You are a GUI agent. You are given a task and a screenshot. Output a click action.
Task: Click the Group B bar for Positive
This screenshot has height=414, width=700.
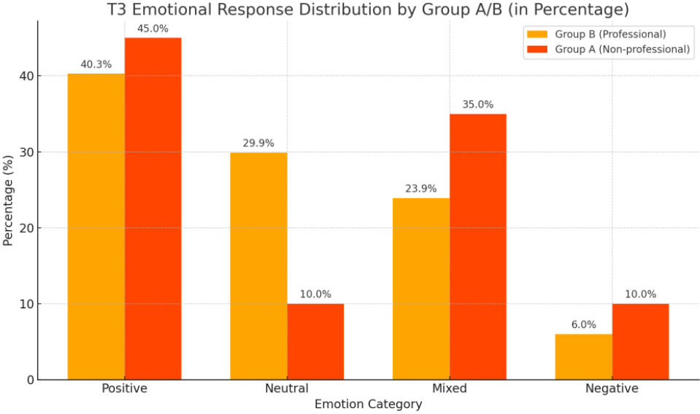pyautogui.click(x=96, y=227)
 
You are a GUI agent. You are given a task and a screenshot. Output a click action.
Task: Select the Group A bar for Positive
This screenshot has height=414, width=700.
pyautogui.click(x=153, y=208)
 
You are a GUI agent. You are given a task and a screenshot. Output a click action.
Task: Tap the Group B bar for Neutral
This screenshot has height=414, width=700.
pyautogui.click(x=258, y=266)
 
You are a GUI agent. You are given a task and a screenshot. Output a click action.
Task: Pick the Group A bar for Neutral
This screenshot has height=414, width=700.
pyautogui.click(x=315, y=341)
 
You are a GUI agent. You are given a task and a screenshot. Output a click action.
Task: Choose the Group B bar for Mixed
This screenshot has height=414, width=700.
pyautogui.click(x=421, y=289)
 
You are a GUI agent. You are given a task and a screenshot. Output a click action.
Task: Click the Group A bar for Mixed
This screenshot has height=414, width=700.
pyautogui.click(x=478, y=246)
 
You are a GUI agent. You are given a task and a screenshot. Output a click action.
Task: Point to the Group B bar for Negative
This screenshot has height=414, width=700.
pyautogui.click(x=583, y=356)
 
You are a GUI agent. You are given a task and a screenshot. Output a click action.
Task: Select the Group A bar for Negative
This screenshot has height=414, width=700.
pyautogui.click(x=640, y=341)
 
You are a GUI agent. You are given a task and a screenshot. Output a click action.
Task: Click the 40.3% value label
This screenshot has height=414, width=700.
pyautogui.click(x=96, y=65)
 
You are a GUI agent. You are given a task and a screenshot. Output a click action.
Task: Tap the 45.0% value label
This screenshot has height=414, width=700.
pyautogui.click(x=153, y=29)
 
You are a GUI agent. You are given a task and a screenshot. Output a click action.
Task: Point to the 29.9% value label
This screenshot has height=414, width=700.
pyautogui.click(x=258, y=144)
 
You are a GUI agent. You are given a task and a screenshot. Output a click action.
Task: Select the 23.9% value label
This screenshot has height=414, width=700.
pyautogui.click(x=421, y=189)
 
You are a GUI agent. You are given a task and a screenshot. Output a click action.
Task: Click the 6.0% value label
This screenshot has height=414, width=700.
pyautogui.click(x=583, y=325)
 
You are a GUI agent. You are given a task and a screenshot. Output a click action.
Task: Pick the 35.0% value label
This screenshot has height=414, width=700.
pyautogui.click(x=478, y=105)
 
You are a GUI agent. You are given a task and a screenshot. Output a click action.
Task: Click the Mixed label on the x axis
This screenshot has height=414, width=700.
pyautogui.click(x=449, y=388)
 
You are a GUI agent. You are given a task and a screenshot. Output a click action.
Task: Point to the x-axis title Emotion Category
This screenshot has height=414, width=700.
pyautogui.click(x=368, y=404)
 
